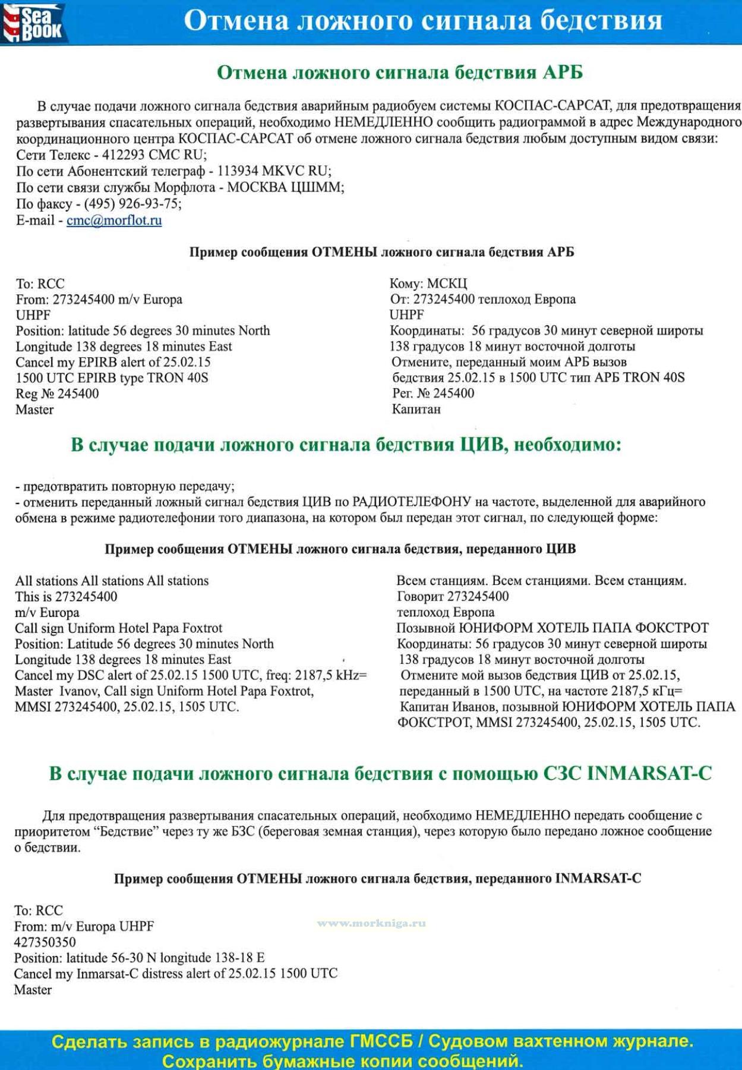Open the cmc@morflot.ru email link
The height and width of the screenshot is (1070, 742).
[x=114, y=221]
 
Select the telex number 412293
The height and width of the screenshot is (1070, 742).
[x=124, y=155]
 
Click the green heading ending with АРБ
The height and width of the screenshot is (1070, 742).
[x=399, y=73]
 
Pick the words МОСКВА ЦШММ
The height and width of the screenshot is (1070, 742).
[x=285, y=188]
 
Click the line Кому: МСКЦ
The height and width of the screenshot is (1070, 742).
[x=428, y=284]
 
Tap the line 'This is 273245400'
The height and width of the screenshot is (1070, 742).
[x=66, y=597]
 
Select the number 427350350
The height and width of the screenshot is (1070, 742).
[x=45, y=942]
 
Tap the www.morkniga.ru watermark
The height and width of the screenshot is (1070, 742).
[x=371, y=923]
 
